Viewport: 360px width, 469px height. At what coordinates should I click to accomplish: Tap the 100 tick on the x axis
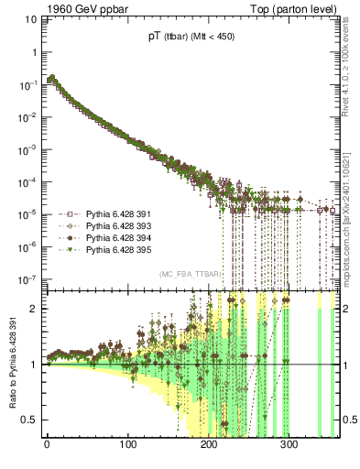[127, 446]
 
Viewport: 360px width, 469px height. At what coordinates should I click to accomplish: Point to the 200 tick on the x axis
[208, 446]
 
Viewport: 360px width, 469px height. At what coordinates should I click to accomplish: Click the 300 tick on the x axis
[289, 446]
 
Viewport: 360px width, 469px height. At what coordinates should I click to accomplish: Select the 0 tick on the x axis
[47, 446]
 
